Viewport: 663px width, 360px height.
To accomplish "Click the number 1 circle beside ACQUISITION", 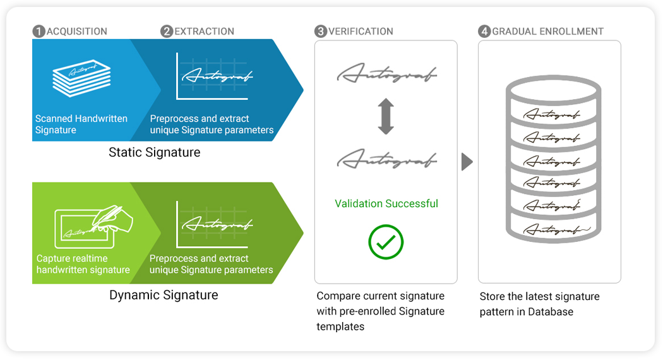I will (39, 31).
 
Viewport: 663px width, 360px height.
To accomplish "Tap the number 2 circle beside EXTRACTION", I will (167, 31).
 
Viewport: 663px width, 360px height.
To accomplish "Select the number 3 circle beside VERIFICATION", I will (321, 31).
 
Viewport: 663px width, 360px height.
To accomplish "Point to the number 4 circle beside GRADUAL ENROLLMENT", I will (484, 31).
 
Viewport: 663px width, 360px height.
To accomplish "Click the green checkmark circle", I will (386, 241).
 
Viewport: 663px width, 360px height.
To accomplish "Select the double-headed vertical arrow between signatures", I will (386, 116).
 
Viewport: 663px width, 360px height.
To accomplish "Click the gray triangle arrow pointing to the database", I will (467, 162).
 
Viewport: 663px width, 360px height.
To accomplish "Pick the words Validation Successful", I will (386, 203).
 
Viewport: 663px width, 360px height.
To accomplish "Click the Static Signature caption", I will (154, 152).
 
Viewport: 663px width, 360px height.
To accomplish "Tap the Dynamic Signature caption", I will (164, 295).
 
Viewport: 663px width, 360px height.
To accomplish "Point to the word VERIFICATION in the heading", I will (361, 31).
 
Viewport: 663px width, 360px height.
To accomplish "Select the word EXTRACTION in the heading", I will (204, 31).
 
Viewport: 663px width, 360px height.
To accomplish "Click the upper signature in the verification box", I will (386, 75).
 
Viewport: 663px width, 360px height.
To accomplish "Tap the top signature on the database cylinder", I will (551, 114).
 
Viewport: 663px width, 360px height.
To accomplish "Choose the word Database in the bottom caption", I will (551, 312).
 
